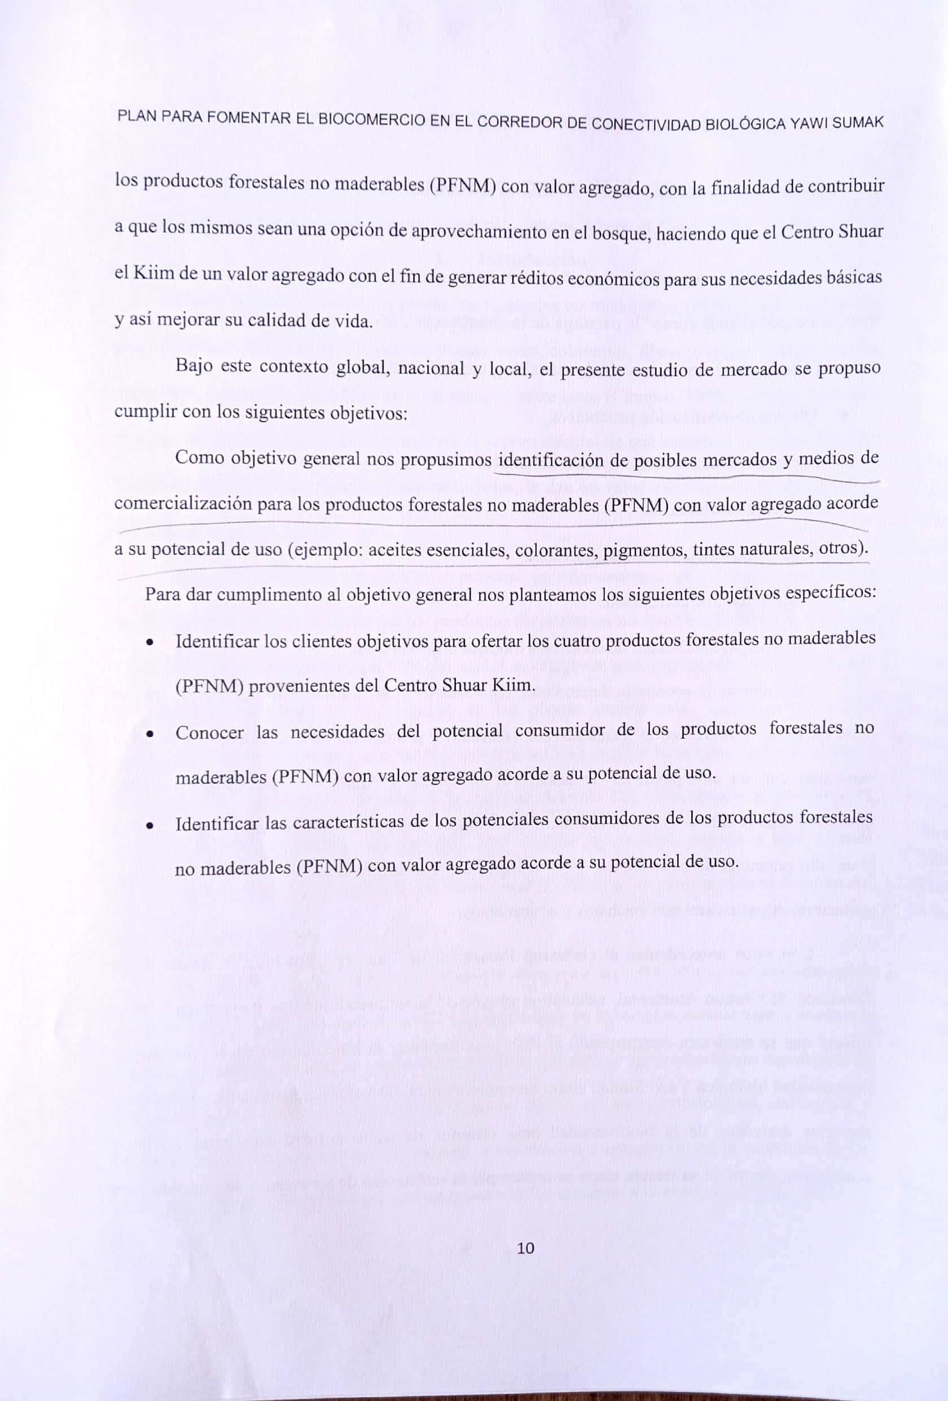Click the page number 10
[526, 1249]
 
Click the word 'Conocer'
[209, 733]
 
